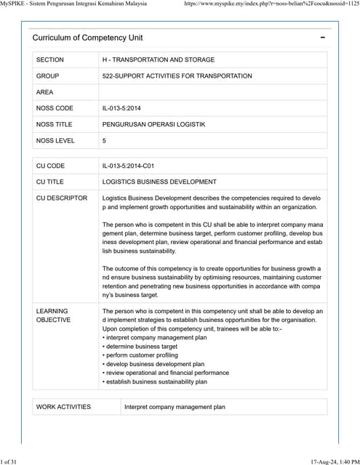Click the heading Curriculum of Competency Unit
87,37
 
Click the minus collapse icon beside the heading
322,37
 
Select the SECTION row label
50,60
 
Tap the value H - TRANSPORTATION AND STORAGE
159,60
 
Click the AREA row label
45,92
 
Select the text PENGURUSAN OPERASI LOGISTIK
153,124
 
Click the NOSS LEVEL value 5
105,140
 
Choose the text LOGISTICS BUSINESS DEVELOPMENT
159,182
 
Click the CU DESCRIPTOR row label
62,198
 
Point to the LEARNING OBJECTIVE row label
53,315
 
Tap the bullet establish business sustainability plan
156,381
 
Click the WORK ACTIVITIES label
63,407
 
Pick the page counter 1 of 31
13,461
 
